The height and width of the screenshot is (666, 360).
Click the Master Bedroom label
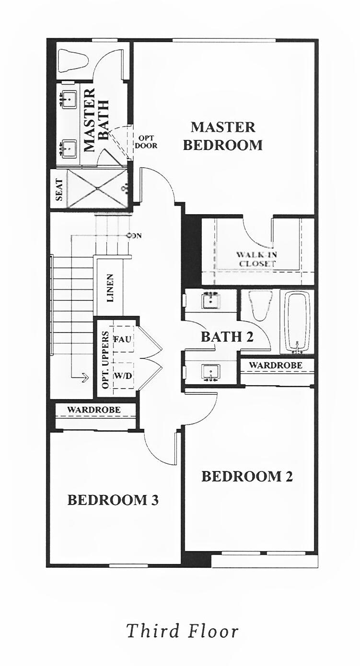pyautogui.click(x=223, y=136)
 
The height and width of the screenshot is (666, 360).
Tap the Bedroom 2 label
pyautogui.click(x=247, y=477)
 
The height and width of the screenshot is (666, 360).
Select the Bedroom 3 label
pyautogui.click(x=113, y=500)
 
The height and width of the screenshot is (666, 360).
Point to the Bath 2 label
pyautogui.click(x=227, y=337)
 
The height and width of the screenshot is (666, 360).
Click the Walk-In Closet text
pyautogui.click(x=256, y=259)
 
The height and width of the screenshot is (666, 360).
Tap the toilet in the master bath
pyautogui.click(x=73, y=60)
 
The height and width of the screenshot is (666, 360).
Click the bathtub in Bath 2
pyautogui.click(x=298, y=321)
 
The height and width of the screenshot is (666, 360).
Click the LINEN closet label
pyautogui.click(x=110, y=287)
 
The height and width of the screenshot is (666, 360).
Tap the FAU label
pyautogui.click(x=122, y=339)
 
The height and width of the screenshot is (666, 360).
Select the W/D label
pyautogui.click(x=122, y=376)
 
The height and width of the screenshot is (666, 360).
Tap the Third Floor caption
pyautogui.click(x=182, y=631)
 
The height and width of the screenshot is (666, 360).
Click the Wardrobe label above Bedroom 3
pyautogui.click(x=94, y=410)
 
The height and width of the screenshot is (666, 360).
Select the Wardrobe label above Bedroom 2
pyautogui.click(x=276, y=365)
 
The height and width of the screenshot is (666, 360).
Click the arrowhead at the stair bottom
pyautogui.click(x=85, y=378)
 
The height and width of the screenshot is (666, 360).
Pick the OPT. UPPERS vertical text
pyautogui.click(x=105, y=359)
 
